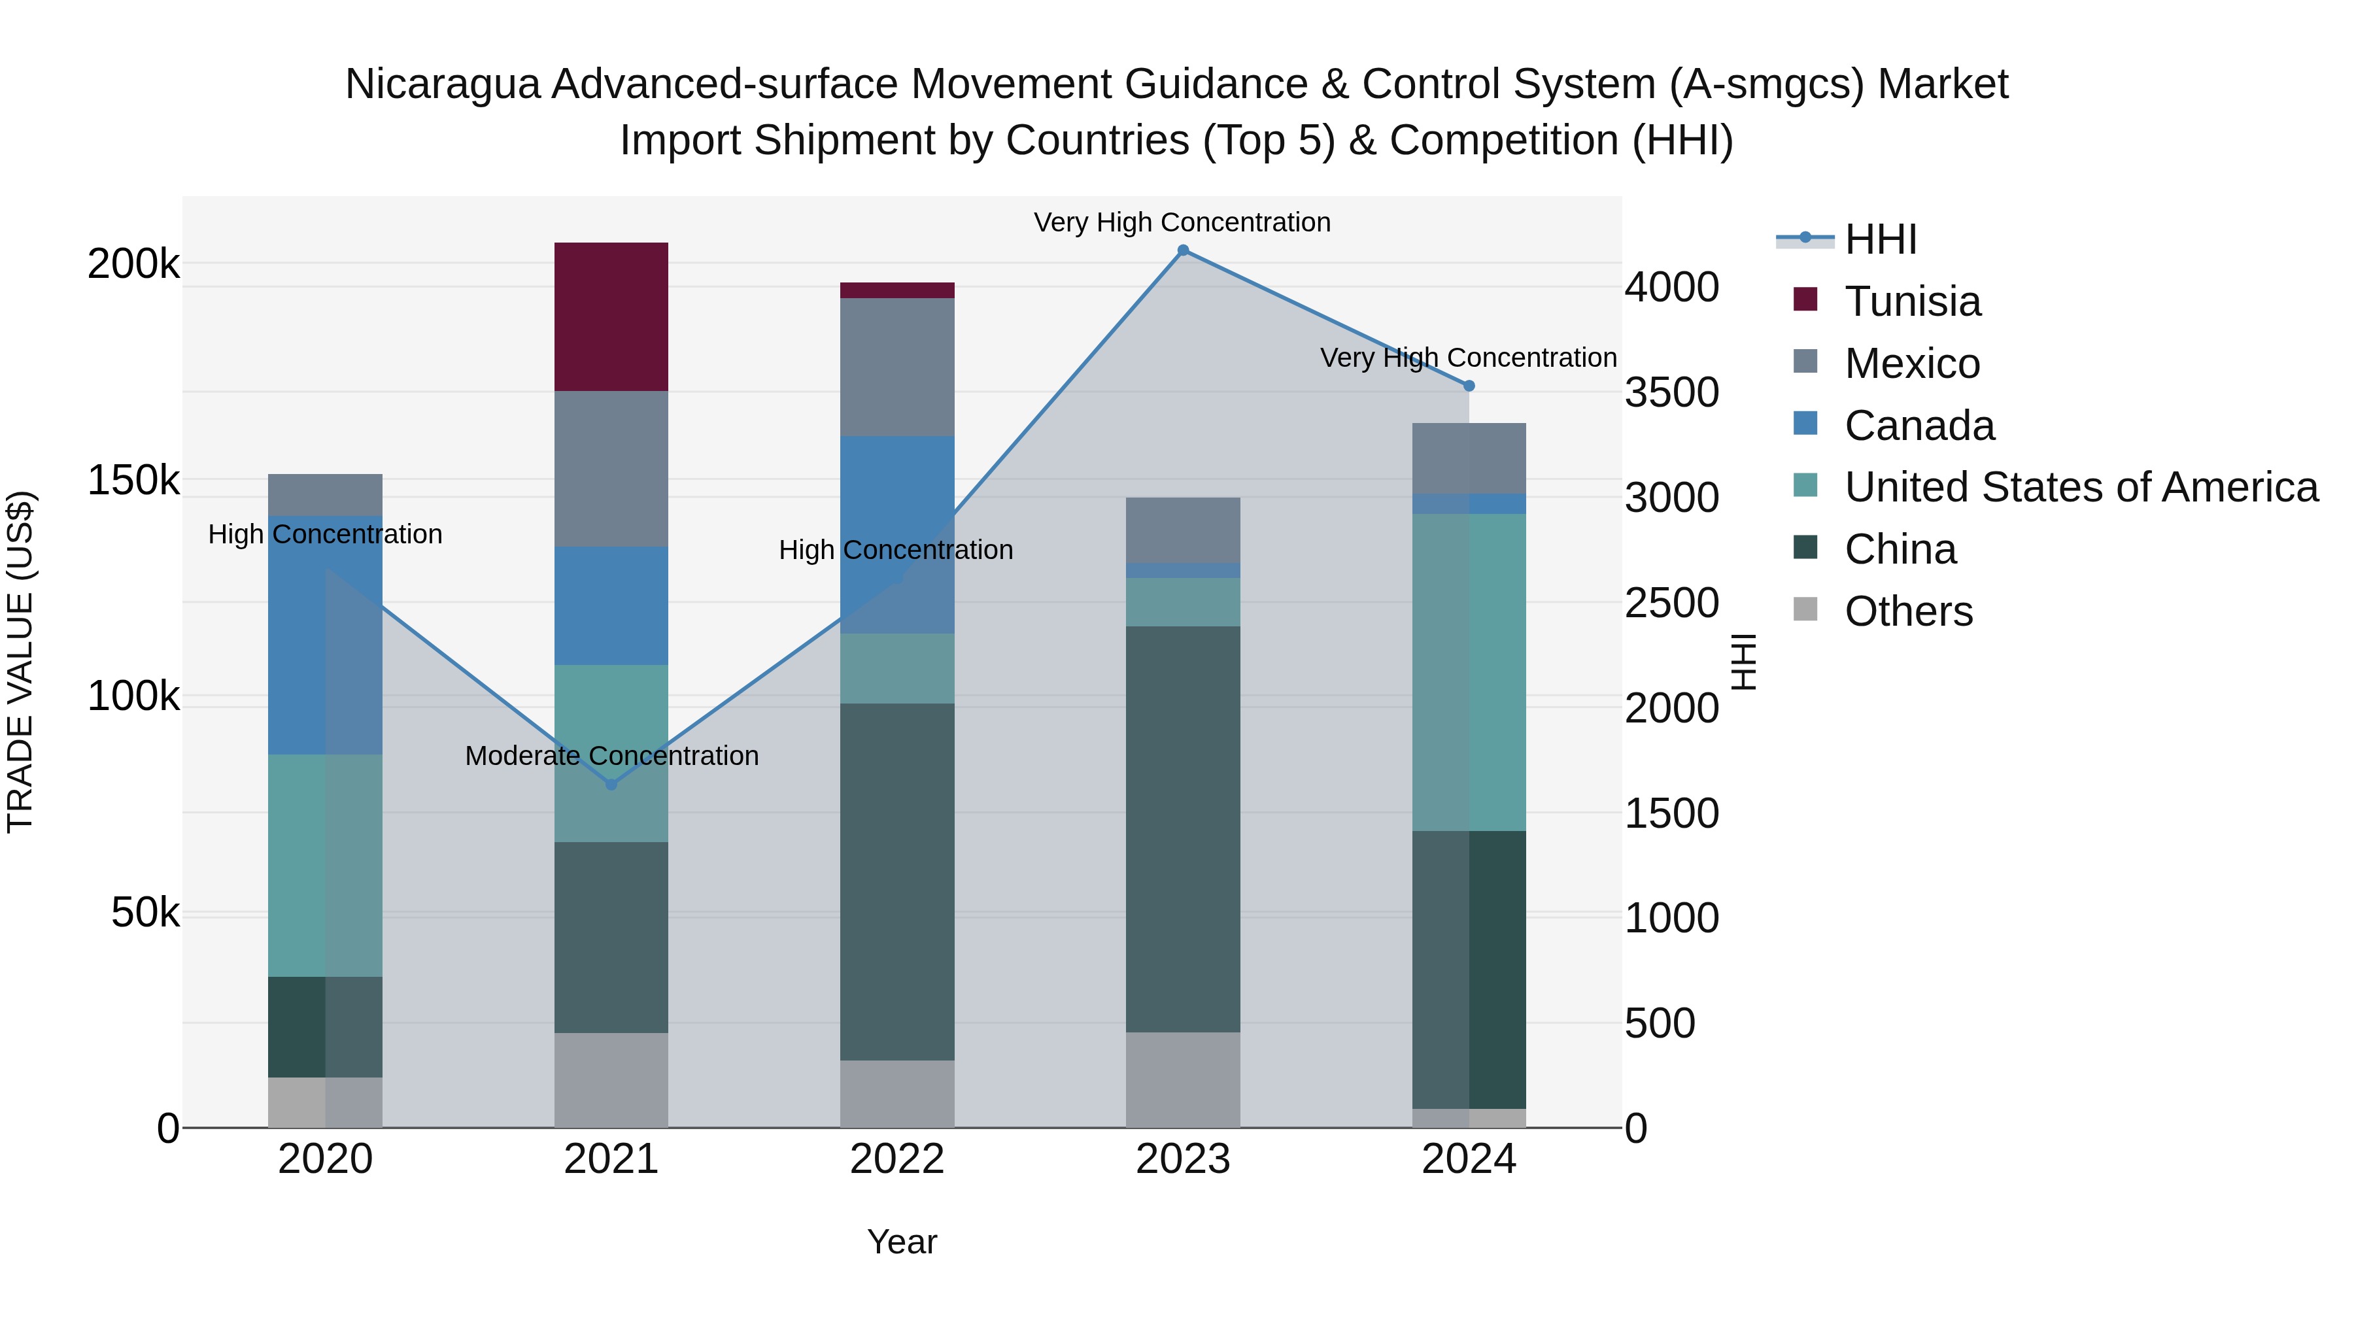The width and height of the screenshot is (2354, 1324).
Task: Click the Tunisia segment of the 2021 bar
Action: tap(611, 316)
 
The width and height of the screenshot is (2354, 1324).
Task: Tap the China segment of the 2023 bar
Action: tap(1182, 829)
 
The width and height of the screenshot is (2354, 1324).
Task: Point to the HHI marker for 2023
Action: tap(1182, 250)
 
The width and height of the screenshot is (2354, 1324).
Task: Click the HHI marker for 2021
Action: tap(611, 784)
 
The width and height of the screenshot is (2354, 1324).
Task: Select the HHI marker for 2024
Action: tap(1469, 386)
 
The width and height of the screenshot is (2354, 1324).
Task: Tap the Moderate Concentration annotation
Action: tap(611, 756)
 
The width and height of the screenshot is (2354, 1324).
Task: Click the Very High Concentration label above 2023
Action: tap(1182, 222)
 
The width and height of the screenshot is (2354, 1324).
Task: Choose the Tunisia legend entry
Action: tap(1912, 301)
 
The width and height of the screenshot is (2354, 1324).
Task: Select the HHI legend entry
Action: tap(1880, 239)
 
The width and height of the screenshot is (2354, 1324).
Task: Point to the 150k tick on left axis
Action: tap(133, 481)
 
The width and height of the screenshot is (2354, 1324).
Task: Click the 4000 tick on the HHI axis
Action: tap(1671, 287)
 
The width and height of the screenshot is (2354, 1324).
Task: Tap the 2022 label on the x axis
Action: tap(896, 1159)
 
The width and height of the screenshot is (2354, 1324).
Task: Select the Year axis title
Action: tap(901, 1242)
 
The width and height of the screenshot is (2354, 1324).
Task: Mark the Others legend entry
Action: tap(1908, 611)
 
